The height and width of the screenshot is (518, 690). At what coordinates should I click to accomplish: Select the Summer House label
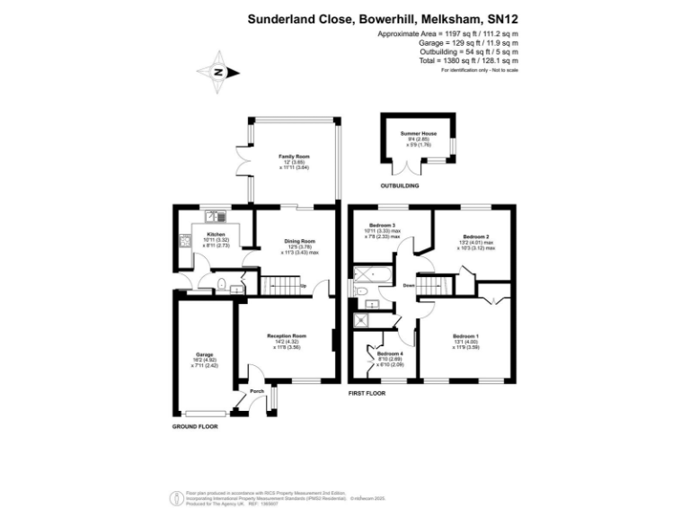418,133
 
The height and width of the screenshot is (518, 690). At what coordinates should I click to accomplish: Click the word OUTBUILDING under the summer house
401,186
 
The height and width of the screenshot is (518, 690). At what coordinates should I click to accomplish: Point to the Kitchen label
203,236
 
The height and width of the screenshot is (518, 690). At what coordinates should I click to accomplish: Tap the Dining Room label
301,241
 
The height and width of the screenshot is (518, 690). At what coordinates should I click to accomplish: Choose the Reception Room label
287,336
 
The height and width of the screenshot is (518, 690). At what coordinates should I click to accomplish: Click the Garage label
205,355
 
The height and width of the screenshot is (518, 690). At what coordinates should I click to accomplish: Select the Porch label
257,391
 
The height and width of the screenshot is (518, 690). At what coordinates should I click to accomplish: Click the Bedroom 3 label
382,225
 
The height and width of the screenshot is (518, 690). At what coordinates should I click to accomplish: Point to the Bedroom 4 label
389,353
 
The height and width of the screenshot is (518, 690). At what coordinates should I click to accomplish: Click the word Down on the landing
409,286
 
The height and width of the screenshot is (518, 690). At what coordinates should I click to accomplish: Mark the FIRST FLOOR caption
367,394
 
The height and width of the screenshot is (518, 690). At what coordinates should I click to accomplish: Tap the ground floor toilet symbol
220,286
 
